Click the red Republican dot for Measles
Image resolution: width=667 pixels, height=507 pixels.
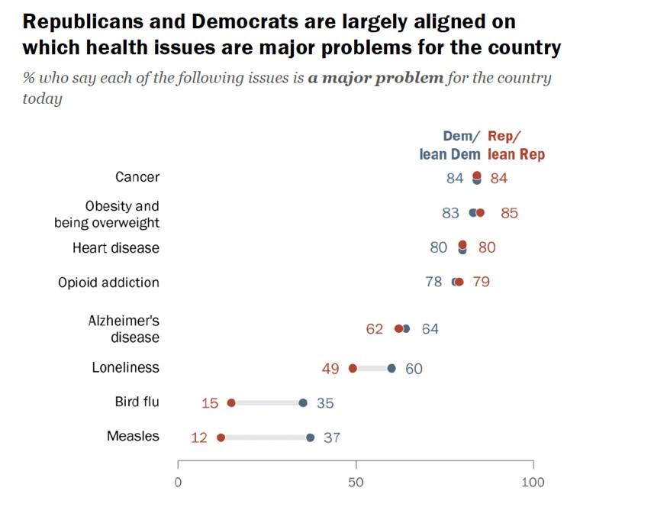(221, 438)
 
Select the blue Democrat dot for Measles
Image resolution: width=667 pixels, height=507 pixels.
(310, 438)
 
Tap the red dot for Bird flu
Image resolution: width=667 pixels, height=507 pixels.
(231, 403)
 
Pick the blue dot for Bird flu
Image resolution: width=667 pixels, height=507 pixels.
(303, 403)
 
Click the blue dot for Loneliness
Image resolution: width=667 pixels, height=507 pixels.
(391, 368)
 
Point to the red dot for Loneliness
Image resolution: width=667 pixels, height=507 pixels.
(353, 368)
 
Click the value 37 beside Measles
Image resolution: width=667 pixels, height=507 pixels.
(330, 438)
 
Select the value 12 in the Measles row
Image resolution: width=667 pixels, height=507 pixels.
(199, 438)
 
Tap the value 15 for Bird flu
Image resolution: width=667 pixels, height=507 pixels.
(210, 403)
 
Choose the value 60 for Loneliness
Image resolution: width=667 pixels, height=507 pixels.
(414, 369)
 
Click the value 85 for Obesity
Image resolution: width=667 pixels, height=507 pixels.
(509, 213)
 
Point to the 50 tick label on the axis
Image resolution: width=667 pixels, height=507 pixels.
(356, 483)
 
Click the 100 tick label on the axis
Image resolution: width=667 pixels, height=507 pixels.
(533, 483)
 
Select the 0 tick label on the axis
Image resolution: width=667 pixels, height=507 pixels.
(178, 483)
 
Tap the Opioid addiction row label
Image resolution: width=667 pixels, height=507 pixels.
(108, 283)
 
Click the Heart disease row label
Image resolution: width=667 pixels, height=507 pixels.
(116, 248)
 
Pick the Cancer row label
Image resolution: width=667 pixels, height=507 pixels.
(137, 177)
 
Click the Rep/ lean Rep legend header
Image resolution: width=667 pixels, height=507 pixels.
(516, 145)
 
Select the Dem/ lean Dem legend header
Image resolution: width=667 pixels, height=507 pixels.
(450, 145)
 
